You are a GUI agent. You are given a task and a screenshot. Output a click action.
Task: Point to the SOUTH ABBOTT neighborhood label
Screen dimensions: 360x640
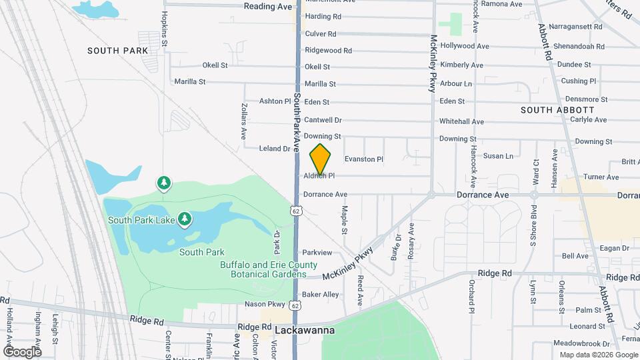coord(557,110)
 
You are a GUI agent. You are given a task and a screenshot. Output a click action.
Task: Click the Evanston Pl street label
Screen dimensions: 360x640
coord(364,159)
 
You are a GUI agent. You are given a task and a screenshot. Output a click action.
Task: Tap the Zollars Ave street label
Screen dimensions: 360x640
coord(244,120)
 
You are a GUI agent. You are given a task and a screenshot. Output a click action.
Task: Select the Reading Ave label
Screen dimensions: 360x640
coord(268,6)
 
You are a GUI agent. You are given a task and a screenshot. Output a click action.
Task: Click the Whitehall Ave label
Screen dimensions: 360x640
coord(461,121)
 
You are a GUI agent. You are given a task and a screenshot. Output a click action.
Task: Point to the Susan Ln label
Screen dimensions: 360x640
coord(498,156)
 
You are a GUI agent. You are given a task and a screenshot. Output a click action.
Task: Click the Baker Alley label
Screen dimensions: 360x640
coord(320,294)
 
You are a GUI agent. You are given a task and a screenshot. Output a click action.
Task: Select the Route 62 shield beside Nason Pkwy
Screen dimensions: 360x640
coord(295,305)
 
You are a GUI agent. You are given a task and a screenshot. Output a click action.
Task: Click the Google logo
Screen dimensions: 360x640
coord(22,351)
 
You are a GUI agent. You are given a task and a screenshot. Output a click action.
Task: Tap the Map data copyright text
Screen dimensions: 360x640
coord(597,355)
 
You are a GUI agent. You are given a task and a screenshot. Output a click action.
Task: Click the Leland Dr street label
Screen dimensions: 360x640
coord(275,149)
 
